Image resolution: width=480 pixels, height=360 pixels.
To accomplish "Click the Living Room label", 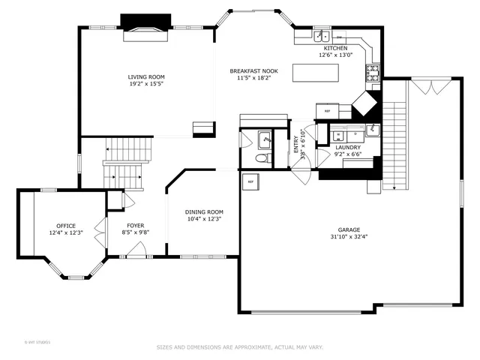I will coord(145,76).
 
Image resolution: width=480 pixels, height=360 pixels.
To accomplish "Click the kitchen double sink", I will coord(321,35).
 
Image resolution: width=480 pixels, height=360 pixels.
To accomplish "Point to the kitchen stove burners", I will coord(372,73).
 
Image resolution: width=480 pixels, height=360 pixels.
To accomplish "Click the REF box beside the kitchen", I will coord(328,111).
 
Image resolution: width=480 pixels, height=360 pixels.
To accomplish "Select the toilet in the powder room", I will coord(261,158).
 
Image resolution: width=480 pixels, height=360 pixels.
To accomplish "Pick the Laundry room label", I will coord(348,147).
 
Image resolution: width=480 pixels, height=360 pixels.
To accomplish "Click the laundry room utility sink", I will coord(373,132).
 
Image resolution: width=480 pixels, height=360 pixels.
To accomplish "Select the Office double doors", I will coord(98,228).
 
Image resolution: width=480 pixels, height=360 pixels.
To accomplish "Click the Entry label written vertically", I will coord(296,145).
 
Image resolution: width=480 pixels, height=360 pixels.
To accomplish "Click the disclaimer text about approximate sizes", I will coord(239,347).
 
